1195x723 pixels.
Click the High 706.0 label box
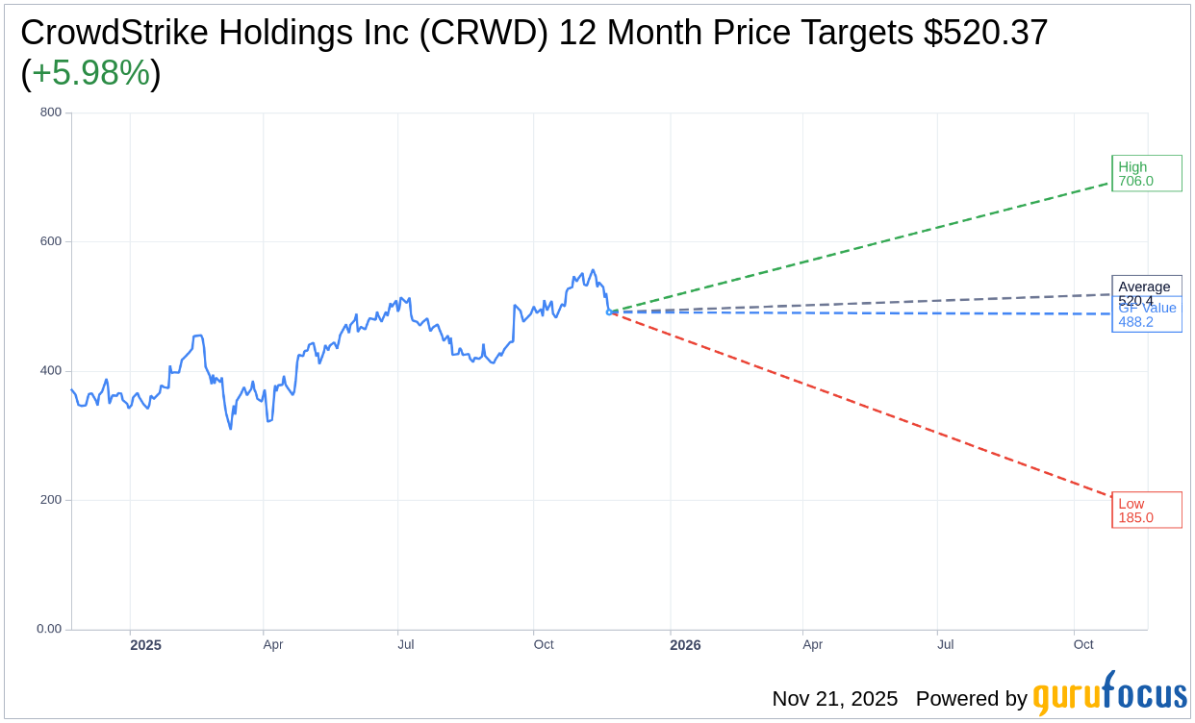[x=1146, y=173]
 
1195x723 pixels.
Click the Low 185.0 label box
[x=1146, y=510]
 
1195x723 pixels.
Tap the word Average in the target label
[x=1144, y=287]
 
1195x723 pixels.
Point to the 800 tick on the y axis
[x=51, y=112]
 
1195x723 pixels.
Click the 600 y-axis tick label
[x=51, y=241]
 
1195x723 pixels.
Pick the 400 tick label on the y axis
[x=51, y=370]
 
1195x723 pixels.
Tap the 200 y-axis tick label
[x=51, y=500]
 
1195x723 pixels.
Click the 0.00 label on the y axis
[x=49, y=629]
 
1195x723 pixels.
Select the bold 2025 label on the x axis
[x=146, y=645]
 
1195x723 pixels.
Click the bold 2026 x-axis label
[x=685, y=645]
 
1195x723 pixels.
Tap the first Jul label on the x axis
[x=406, y=644]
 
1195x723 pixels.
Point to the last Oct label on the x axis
[x=1083, y=644]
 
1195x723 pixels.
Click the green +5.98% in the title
[x=90, y=73]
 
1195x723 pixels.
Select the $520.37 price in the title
[x=985, y=33]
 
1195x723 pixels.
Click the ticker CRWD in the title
[x=487, y=33]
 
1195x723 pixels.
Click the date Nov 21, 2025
[x=834, y=699]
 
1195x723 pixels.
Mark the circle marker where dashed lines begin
[x=609, y=312]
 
